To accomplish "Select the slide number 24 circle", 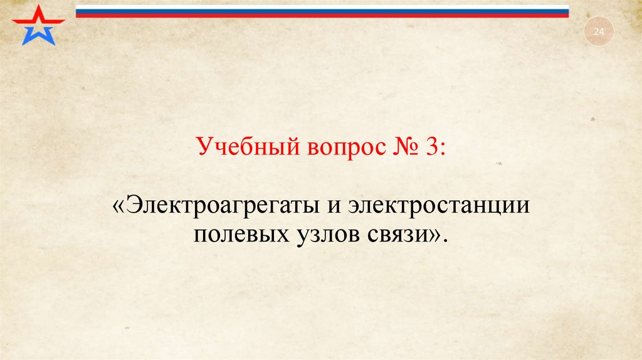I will click(x=598, y=31).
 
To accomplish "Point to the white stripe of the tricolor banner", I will click(x=322, y=7).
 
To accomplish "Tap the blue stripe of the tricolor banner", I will click(x=322, y=11).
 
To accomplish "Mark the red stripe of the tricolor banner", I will click(x=322, y=14).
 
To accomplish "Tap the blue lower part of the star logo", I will click(x=38, y=35).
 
